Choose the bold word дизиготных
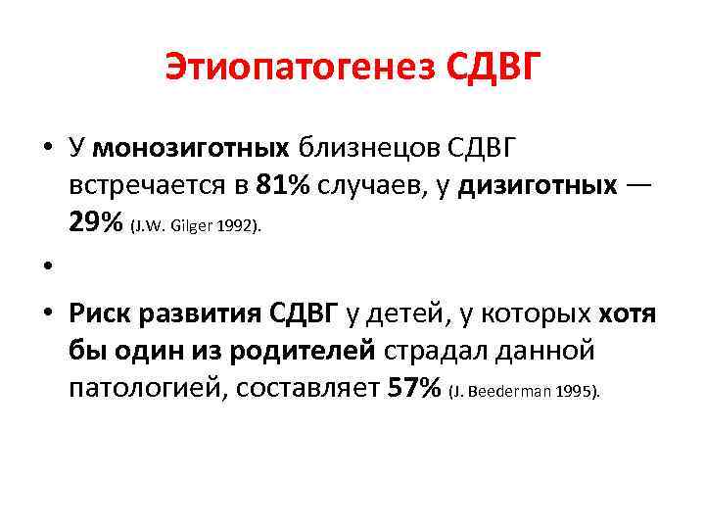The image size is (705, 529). pos(540,184)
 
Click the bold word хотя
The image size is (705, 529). pos(627,313)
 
